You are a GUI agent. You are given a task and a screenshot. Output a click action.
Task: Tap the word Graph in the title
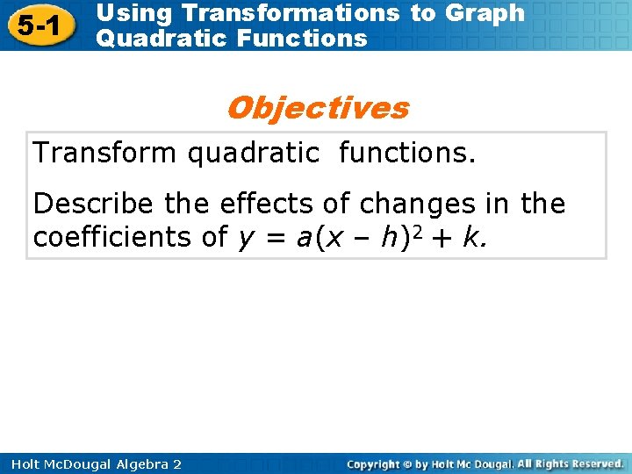(x=485, y=13)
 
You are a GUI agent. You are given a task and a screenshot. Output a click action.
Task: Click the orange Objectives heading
(x=317, y=108)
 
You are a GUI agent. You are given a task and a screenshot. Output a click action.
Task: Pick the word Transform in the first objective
(x=104, y=153)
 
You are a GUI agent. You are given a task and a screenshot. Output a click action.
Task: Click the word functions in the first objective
(x=406, y=153)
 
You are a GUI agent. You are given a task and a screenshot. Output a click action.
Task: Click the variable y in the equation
(x=245, y=238)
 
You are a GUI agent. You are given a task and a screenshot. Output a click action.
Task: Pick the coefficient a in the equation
(x=304, y=237)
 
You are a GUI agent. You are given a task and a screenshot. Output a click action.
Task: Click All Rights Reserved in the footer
(x=570, y=463)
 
